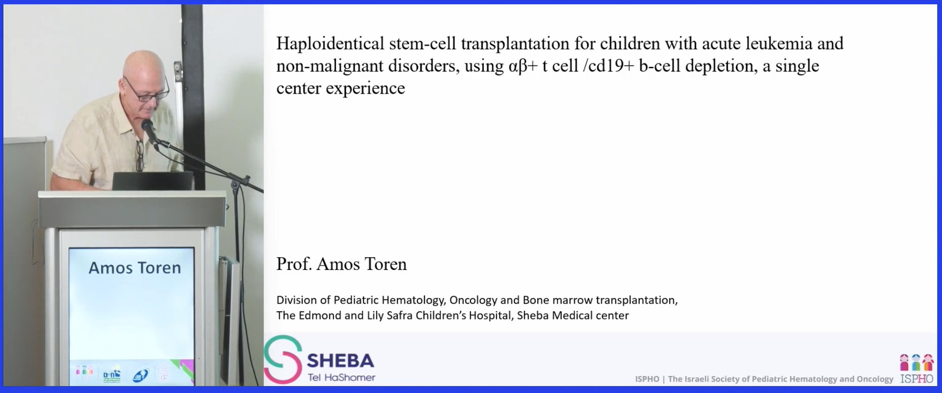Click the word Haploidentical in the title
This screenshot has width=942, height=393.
330,43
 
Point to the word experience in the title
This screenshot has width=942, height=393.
365,88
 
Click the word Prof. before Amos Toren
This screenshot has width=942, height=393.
294,264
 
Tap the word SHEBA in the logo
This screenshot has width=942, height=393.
341,360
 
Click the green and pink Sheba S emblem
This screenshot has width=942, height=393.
283,359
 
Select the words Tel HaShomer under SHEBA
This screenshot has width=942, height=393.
341,377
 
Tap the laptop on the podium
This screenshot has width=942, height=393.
153,181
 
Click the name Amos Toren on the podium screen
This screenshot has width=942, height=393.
135,267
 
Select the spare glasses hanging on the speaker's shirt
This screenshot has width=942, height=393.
140,155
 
